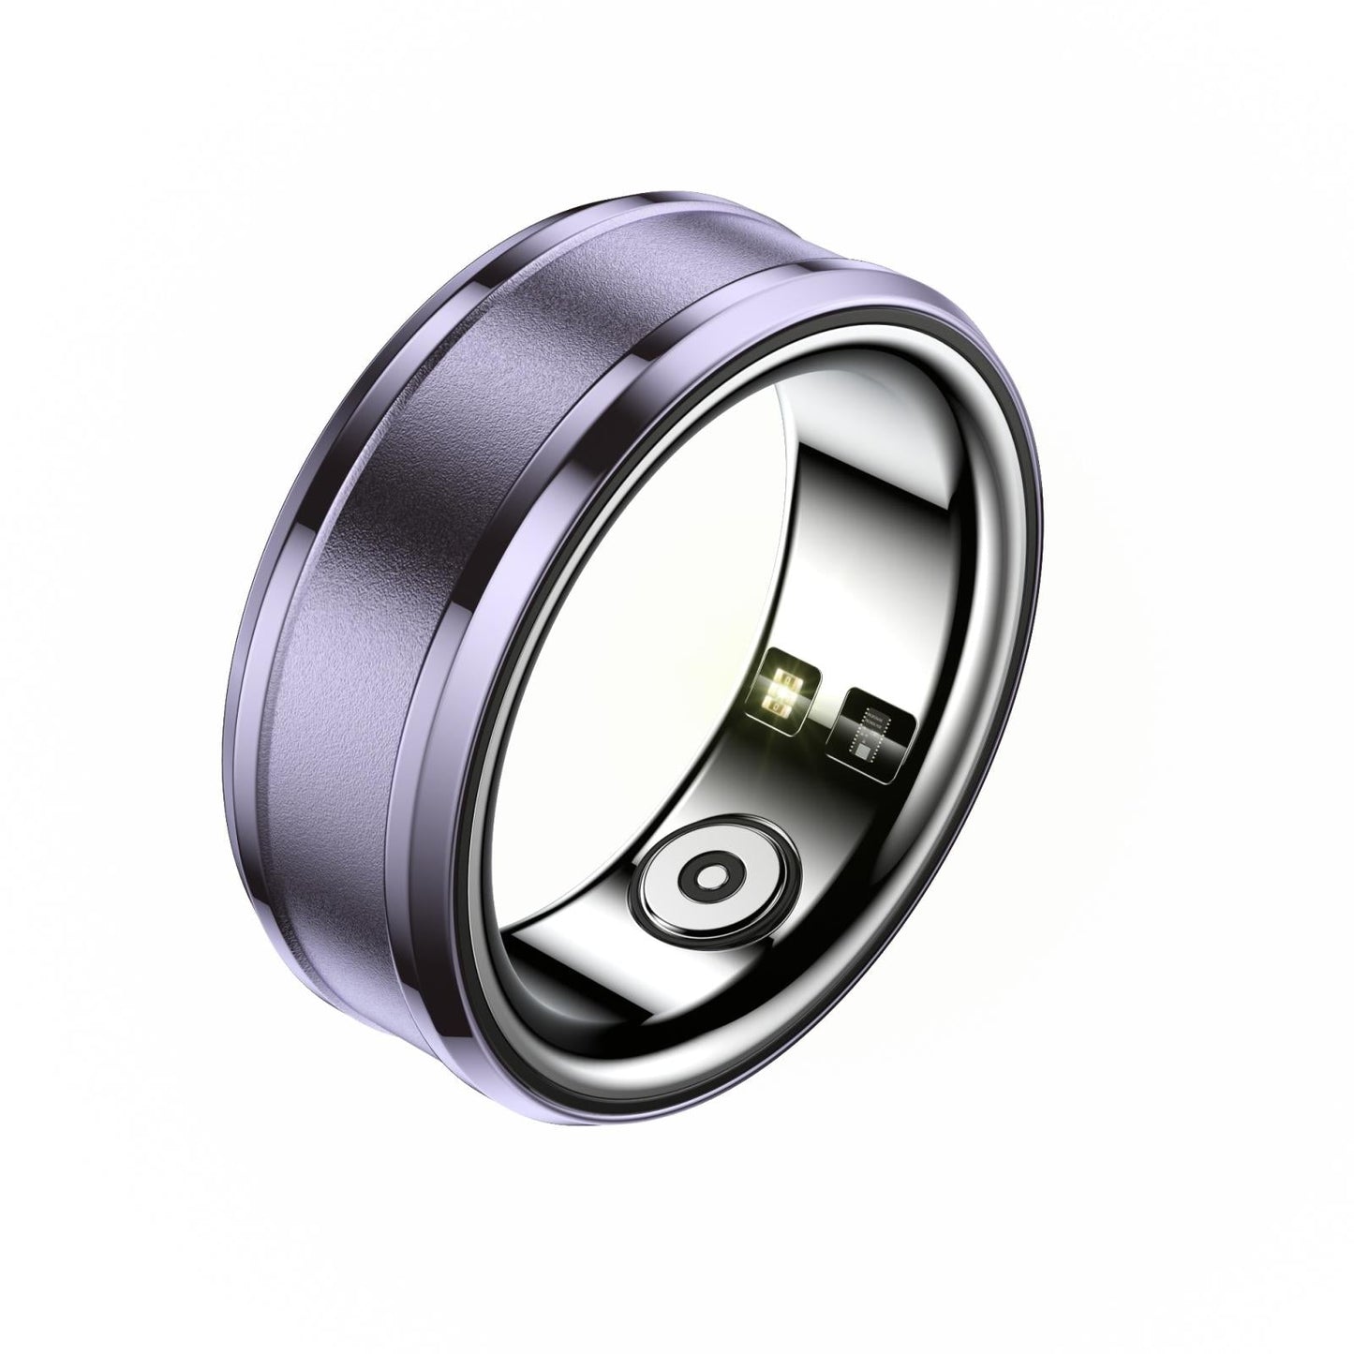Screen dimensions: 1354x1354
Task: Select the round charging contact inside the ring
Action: click(717, 874)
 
